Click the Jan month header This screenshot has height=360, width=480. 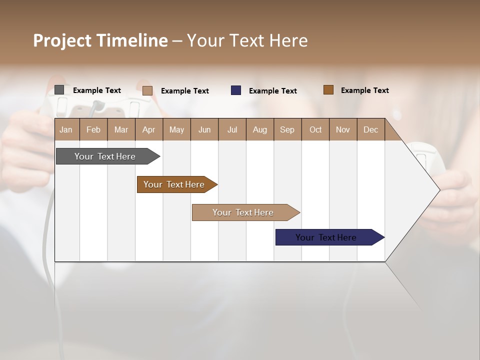click(66, 129)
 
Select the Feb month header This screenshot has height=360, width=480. click(93, 129)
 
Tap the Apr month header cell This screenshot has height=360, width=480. click(149, 129)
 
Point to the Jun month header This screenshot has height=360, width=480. click(204, 129)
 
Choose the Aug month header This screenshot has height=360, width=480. click(260, 129)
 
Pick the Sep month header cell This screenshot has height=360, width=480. click(287, 129)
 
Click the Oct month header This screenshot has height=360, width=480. click(315, 129)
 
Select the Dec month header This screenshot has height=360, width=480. click(370, 129)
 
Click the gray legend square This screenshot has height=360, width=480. click(59, 90)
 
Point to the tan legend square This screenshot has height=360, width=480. click(147, 90)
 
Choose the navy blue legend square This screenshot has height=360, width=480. click(236, 90)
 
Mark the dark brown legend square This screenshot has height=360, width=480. click(328, 90)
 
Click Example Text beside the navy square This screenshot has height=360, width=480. click(272, 91)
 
